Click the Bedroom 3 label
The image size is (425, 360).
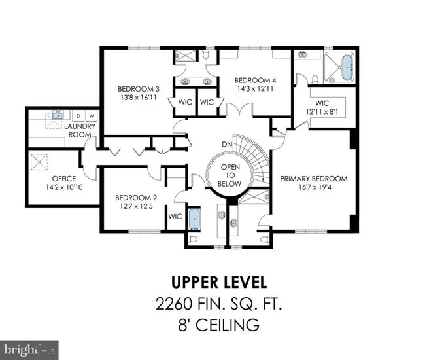click(x=139, y=89)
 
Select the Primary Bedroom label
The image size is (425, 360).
click(x=313, y=179)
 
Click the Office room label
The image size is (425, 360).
click(x=64, y=178)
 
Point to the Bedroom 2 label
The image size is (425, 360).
click(x=136, y=198)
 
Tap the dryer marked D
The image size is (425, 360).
click(x=78, y=116)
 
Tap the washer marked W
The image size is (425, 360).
click(x=91, y=116)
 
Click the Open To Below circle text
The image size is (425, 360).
click(x=230, y=175)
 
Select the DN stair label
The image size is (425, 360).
click(x=227, y=144)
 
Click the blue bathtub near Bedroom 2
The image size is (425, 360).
click(x=194, y=218)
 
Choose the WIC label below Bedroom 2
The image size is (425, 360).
click(x=175, y=217)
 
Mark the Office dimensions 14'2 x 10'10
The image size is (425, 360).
click(x=64, y=187)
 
